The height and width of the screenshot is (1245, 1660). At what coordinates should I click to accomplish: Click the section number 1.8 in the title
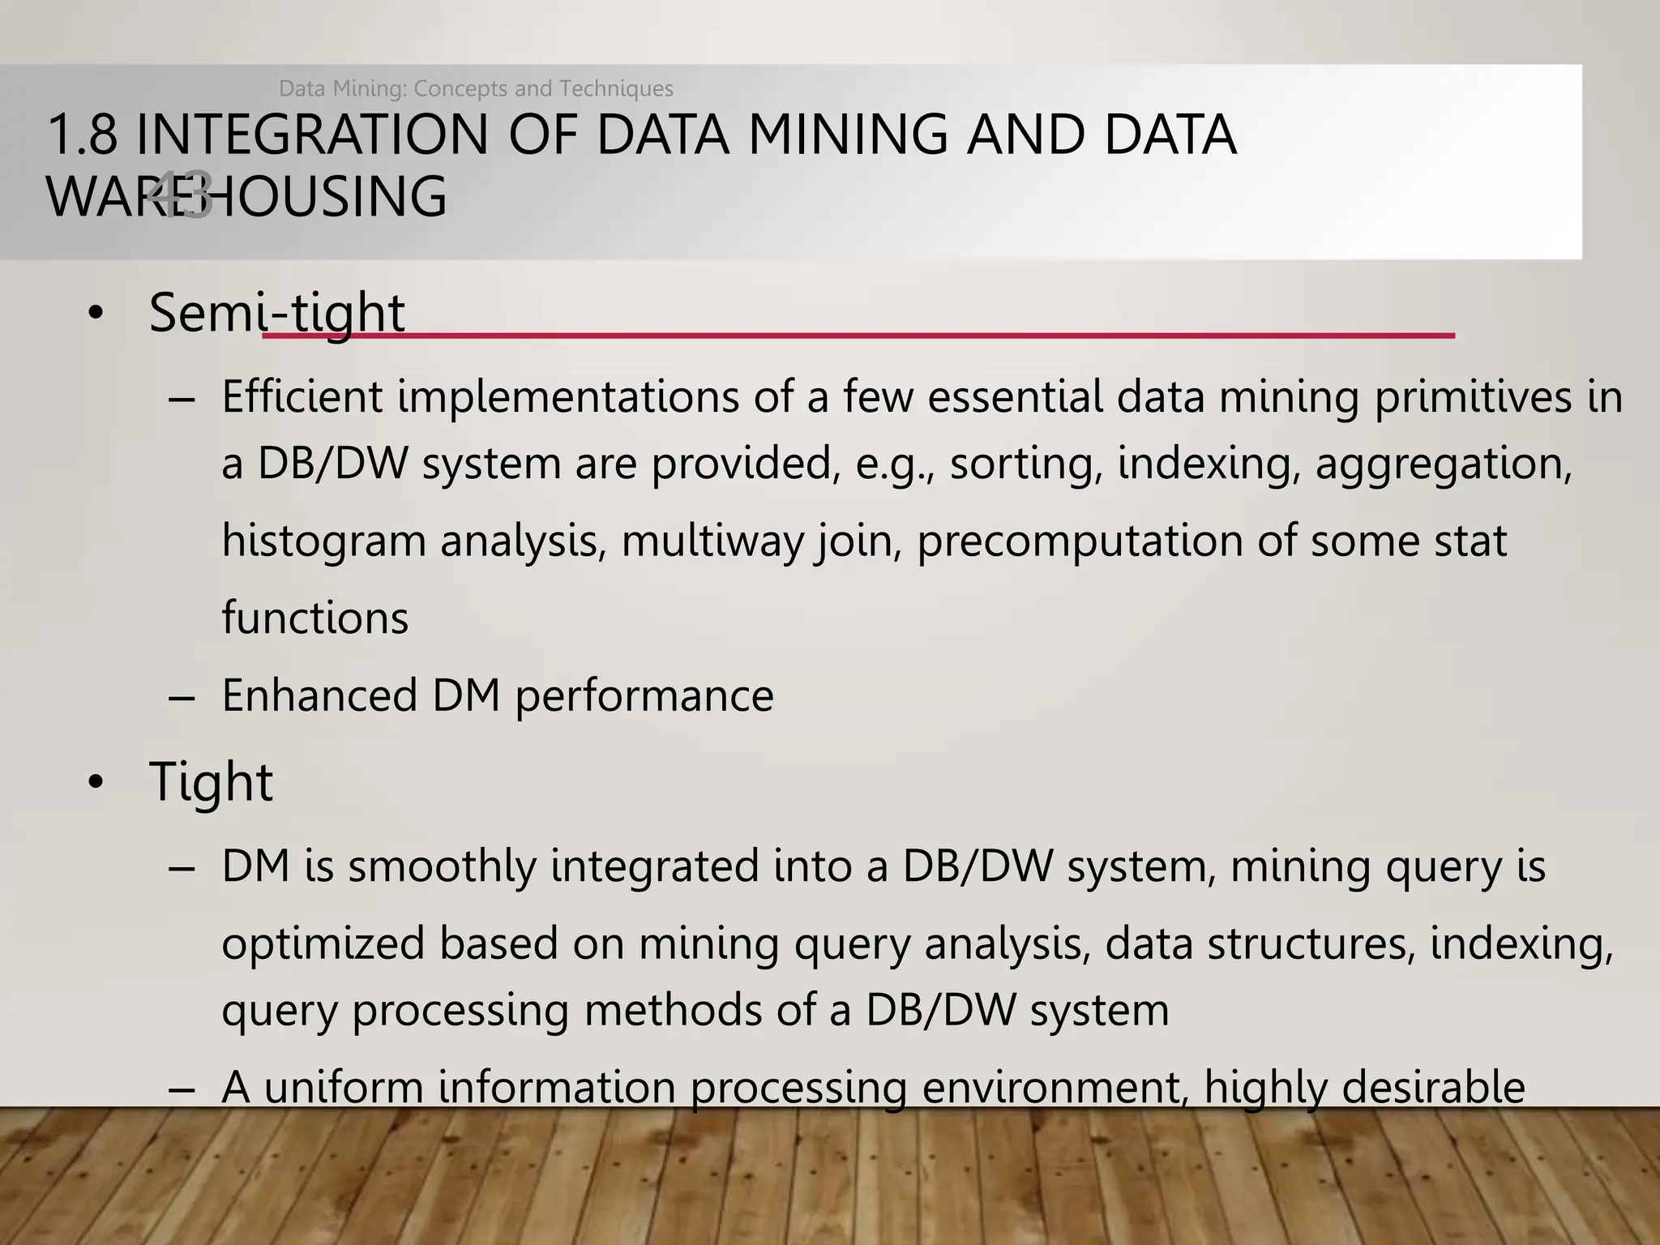coord(82,135)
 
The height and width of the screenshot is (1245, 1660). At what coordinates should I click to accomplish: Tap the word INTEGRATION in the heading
coord(312,135)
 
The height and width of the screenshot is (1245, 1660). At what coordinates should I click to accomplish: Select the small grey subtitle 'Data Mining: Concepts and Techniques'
coord(476,88)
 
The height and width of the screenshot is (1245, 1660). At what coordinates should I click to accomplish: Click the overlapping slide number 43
coord(182,197)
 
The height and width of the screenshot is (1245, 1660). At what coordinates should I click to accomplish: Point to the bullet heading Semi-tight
coord(276,313)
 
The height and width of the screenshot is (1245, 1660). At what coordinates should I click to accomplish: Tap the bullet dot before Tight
coord(96,784)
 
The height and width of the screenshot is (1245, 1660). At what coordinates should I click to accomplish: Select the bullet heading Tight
coord(211,783)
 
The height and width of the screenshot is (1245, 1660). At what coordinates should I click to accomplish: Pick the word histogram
coord(323,541)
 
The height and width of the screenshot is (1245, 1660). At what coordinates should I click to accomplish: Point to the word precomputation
coord(1079,541)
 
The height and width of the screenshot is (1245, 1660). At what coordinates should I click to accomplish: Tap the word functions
coord(314,618)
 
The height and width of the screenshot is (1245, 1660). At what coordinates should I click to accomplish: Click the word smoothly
coord(442,866)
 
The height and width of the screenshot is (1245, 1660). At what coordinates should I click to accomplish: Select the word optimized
coord(323,944)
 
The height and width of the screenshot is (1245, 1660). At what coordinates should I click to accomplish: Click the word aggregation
coord(1444,464)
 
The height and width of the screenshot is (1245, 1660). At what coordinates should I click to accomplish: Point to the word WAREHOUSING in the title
coord(246,197)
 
